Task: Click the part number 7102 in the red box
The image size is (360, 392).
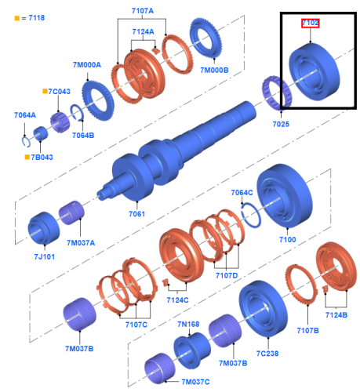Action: click(x=310, y=24)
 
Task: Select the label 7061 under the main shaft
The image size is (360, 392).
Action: click(x=136, y=214)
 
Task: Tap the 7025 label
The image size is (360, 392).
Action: click(x=281, y=124)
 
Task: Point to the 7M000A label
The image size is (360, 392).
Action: click(x=87, y=65)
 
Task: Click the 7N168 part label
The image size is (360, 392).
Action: click(x=188, y=325)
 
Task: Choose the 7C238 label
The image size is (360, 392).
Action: click(x=267, y=354)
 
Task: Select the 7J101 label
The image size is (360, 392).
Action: click(x=45, y=257)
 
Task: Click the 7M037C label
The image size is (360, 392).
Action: click(x=195, y=382)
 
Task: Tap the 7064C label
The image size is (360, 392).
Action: click(x=242, y=193)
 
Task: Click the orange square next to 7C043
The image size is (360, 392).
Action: click(x=45, y=91)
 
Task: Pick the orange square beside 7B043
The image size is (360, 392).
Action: click(x=27, y=157)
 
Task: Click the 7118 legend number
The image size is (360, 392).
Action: click(x=37, y=18)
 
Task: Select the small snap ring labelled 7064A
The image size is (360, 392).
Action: click(x=26, y=142)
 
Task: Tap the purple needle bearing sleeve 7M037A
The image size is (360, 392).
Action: click(x=71, y=212)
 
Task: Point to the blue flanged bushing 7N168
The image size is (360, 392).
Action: click(x=192, y=350)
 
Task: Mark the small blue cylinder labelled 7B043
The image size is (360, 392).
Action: click(x=41, y=133)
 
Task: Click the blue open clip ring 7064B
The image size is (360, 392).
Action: click(x=77, y=113)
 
